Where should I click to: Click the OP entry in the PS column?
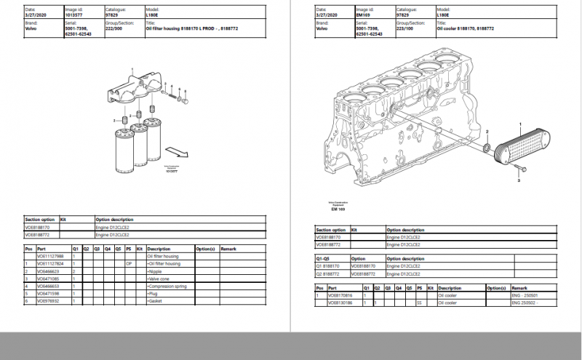click(128, 263)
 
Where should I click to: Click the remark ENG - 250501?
click(524, 295)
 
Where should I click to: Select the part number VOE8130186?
click(340, 303)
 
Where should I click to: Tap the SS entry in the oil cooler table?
click(419, 303)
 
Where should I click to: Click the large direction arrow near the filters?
click(174, 151)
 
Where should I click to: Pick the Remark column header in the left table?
click(228, 249)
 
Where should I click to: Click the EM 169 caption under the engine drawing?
click(338, 209)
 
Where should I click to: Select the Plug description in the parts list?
click(153, 293)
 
